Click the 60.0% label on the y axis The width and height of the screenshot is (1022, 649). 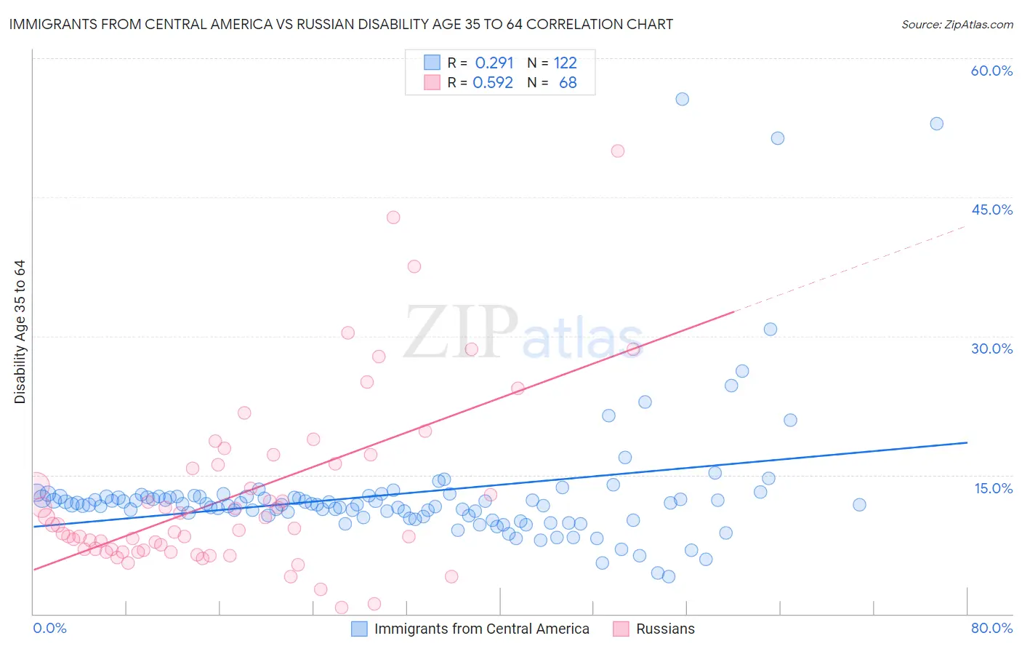pyautogui.click(x=991, y=71)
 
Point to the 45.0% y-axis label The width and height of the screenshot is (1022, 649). pyautogui.click(x=991, y=210)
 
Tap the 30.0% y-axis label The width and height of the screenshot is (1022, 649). pyautogui.click(x=991, y=349)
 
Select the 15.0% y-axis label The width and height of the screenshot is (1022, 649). pyautogui.click(x=993, y=487)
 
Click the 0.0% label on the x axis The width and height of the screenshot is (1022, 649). pyautogui.click(x=49, y=628)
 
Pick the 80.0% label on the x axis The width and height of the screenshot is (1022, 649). pyautogui.click(x=991, y=628)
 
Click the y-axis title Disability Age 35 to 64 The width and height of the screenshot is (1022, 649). pyautogui.click(x=20, y=332)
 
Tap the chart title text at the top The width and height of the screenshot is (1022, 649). pyautogui.click(x=341, y=24)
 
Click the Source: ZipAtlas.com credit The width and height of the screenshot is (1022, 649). pyautogui.click(x=957, y=24)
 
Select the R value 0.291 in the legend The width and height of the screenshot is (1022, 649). pyautogui.click(x=494, y=63)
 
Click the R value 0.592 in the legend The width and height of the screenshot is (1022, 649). pyautogui.click(x=493, y=82)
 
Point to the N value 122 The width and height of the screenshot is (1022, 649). pyautogui.click(x=565, y=63)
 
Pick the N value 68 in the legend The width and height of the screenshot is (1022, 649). pyautogui.click(x=568, y=82)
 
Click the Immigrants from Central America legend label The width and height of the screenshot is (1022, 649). pyautogui.click(x=481, y=629)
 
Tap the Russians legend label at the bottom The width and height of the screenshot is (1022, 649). pyautogui.click(x=665, y=629)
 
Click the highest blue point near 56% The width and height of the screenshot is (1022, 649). pyautogui.click(x=682, y=99)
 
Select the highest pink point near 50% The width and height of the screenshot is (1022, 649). pyautogui.click(x=618, y=151)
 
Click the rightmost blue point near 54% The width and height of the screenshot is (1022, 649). pyautogui.click(x=937, y=124)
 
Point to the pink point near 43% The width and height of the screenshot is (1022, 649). pyautogui.click(x=393, y=217)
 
